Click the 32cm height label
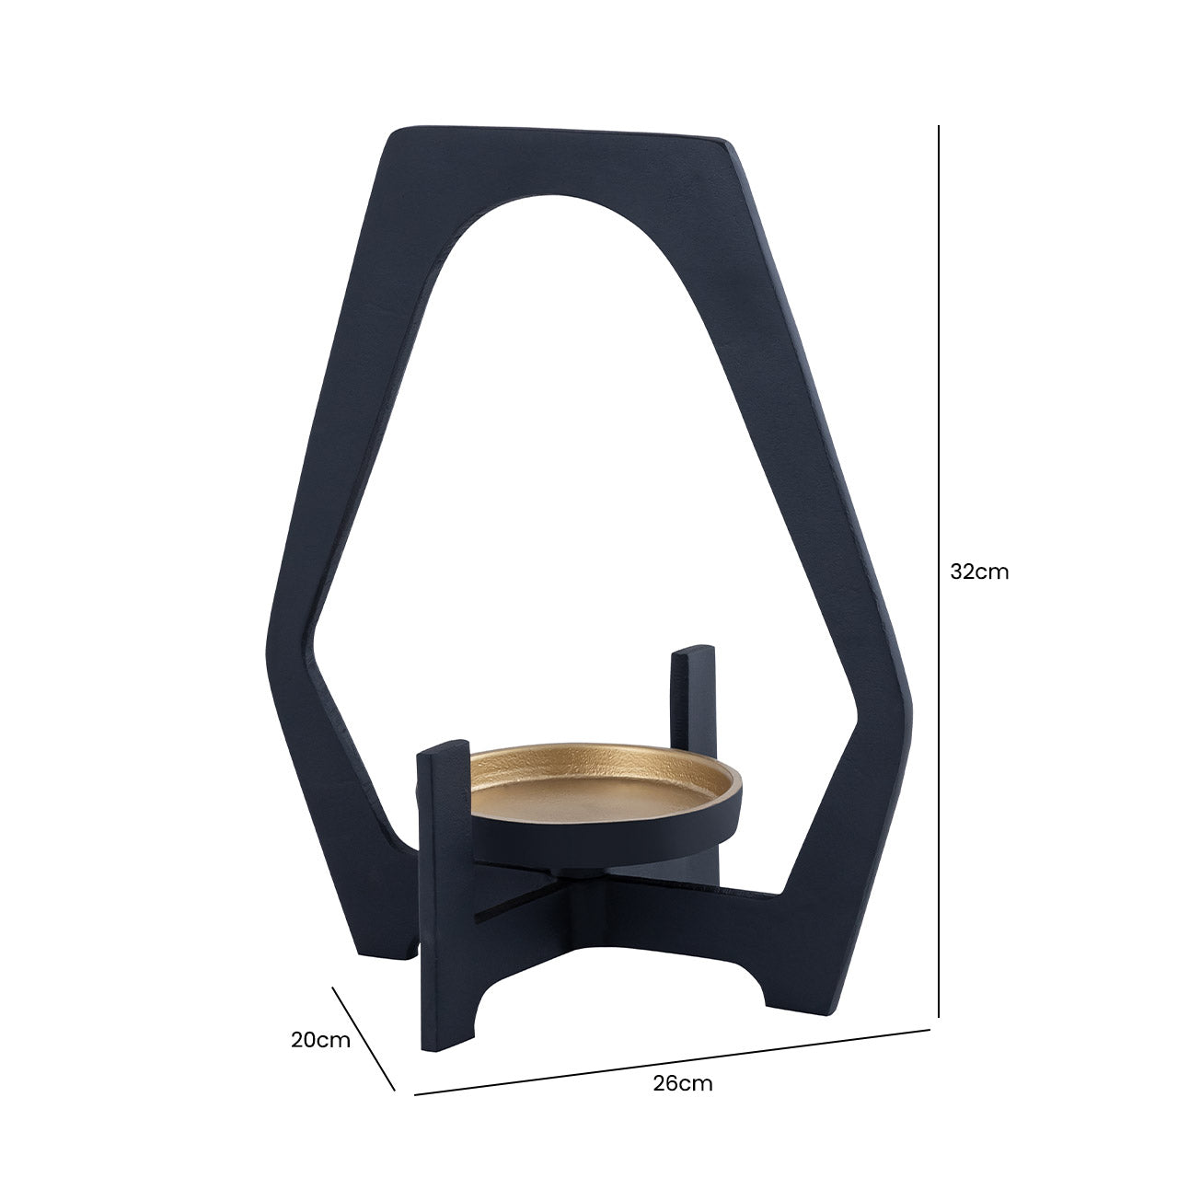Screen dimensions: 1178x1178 [x=979, y=572]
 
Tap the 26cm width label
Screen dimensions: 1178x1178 [x=683, y=1083]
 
